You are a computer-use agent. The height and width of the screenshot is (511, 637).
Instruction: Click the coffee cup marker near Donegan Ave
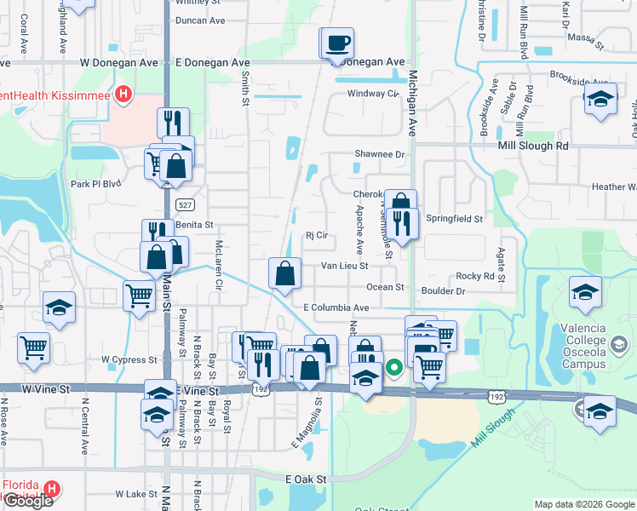click(x=337, y=43)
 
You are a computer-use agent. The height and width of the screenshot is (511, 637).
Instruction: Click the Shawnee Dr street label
click(x=379, y=154)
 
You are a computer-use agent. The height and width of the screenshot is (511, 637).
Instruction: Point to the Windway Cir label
click(x=373, y=93)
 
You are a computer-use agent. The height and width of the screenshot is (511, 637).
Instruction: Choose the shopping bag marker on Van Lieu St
click(x=285, y=273)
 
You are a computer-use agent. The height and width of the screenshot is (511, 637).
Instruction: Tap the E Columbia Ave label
click(x=336, y=307)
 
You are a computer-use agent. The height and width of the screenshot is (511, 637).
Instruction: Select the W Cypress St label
click(x=130, y=359)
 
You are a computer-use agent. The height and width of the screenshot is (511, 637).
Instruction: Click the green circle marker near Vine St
click(x=393, y=368)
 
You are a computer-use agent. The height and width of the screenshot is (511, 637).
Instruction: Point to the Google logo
click(x=28, y=501)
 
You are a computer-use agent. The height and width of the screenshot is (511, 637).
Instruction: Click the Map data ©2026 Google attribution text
click(x=584, y=504)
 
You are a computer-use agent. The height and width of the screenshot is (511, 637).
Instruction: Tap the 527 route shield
click(x=183, y=205)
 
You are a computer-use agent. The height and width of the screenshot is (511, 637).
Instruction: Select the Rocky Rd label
click(x=475, y=276)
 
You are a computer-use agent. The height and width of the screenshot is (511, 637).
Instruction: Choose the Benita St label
click(x=193, y=225)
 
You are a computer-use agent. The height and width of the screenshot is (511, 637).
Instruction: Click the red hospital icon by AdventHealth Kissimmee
click(x=125, y=94)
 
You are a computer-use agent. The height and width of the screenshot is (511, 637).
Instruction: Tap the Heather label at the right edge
click(x=614, y=187)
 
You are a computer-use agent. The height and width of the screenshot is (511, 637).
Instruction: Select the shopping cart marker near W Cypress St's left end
click(x=33, y=347)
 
